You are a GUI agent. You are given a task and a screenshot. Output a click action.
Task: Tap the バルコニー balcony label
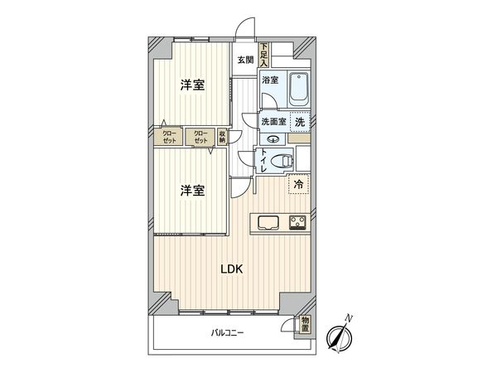coord(226,333)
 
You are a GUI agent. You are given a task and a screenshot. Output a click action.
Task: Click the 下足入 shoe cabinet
coord(263,55)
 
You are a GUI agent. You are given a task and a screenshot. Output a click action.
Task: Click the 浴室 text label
coord(270,80)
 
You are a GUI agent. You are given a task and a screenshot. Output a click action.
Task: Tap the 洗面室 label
coord(273,122)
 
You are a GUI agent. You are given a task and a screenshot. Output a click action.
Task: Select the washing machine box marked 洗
coord(300,120)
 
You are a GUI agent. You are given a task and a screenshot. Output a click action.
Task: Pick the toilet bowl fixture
coord(283,160)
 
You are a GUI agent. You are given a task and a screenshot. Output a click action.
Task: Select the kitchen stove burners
coord(297,221)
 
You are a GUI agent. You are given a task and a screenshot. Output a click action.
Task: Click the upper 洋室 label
coord(193,85)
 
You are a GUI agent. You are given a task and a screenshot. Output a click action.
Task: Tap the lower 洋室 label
coord(192,191)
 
